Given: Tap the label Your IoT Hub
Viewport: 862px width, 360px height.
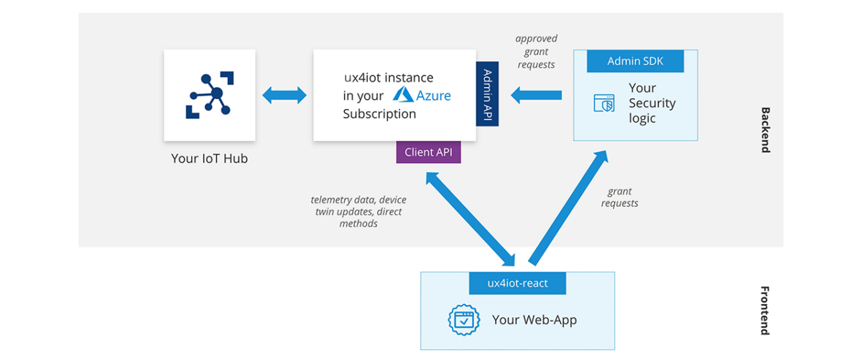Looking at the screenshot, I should coord(209,159).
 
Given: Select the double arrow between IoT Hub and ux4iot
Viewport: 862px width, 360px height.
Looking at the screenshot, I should coord(284,95).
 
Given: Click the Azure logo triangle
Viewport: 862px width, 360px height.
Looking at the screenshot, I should coord(403,95).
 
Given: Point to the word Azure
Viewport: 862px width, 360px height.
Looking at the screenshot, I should coord(434,95).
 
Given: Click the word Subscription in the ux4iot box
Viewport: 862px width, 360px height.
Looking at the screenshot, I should coord(379,114).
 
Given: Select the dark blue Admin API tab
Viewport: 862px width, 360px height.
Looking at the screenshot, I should coord(487,93).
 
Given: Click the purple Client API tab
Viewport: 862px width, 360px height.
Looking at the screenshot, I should coord(428,152).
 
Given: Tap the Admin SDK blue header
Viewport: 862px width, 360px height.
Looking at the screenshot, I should coord(635,61).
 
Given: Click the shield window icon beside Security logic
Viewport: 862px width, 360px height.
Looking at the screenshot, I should coord(603,103).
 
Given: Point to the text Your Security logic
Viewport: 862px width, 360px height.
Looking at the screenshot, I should coord(652,103).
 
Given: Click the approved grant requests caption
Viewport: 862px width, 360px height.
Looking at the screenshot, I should coord(536,52).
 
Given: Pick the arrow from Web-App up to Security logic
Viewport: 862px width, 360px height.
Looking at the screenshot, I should coord(567,208).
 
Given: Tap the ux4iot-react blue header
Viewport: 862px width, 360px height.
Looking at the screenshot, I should coord(517,283).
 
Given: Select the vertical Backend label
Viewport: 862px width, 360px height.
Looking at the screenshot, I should coord(765,130).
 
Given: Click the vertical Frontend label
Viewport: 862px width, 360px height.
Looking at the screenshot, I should coord(765,310).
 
